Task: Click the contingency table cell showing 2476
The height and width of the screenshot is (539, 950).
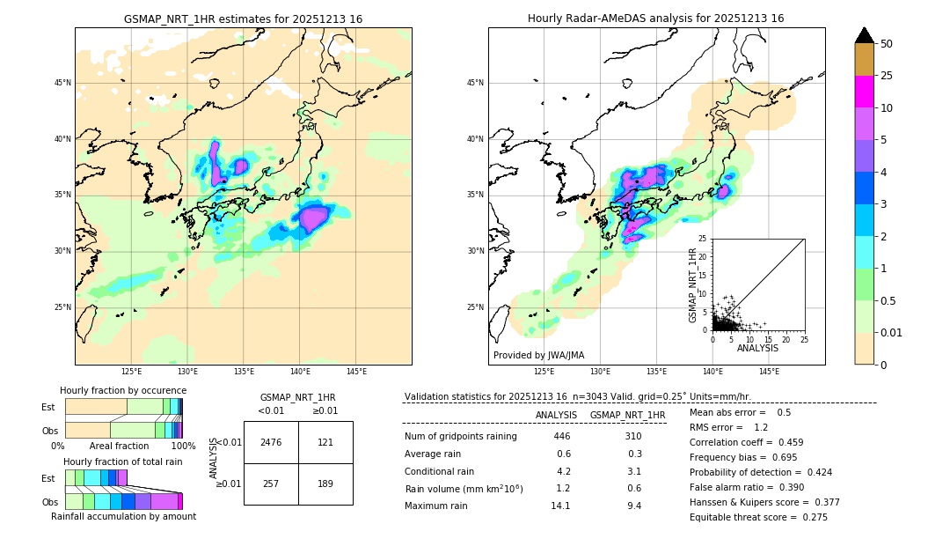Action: point(271,442)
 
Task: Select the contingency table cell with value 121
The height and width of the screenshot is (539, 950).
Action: point(325,442)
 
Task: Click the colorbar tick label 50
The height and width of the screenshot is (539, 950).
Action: point(887,44)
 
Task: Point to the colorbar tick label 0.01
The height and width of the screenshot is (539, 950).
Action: point(892,332)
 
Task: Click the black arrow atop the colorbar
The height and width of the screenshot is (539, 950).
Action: point(865,35)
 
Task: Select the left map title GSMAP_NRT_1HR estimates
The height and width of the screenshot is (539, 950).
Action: point(243,18)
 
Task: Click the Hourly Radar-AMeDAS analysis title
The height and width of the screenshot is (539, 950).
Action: point(655,18)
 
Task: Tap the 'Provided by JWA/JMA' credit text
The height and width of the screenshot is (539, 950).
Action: point(538,355)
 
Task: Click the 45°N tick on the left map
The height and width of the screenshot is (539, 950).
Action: point(62,83)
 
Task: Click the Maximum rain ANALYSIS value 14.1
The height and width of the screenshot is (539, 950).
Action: point(560,506)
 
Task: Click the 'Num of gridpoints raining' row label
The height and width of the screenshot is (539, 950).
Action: point(460,436)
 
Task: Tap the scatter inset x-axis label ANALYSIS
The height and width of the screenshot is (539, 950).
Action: point(757,348)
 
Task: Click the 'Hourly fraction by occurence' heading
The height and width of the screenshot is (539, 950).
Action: point(123,390)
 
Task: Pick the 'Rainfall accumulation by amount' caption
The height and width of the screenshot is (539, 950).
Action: point(123,516)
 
